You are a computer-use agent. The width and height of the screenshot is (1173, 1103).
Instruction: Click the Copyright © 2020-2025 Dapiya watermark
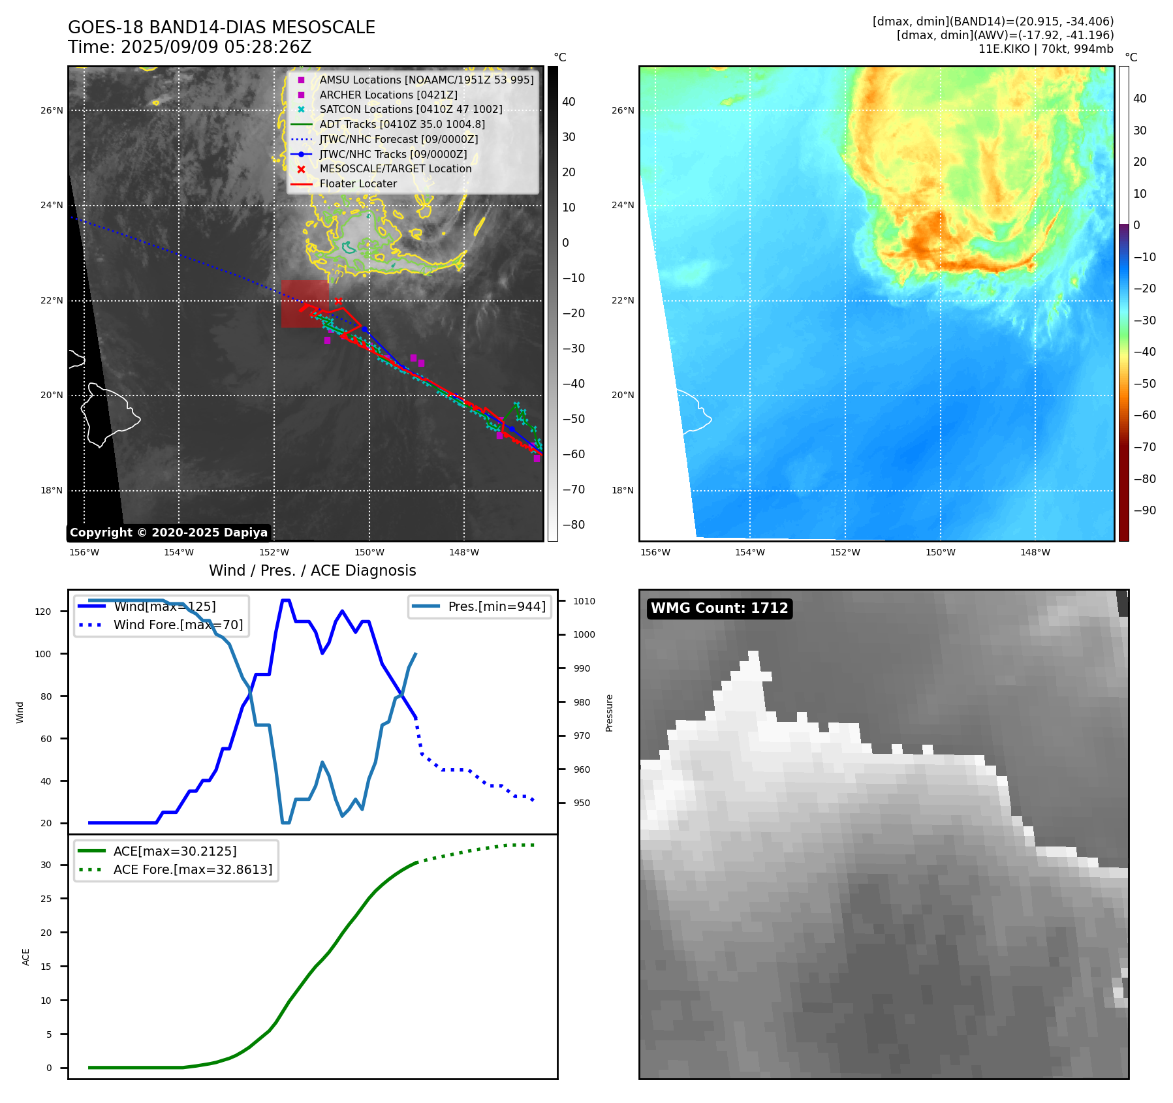tap(168, 533)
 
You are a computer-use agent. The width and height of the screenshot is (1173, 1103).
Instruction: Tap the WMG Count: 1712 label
tap(719, 608)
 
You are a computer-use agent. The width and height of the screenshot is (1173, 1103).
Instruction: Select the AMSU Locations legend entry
tap(426, 80)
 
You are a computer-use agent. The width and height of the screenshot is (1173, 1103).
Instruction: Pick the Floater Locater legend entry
tap(358, 184)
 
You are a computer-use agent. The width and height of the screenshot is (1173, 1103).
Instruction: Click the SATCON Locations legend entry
tap(411, 110)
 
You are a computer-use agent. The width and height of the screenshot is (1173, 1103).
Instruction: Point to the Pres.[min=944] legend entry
tap(496, 606)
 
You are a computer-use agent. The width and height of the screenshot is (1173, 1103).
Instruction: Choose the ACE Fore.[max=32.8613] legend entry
tap(193, 869)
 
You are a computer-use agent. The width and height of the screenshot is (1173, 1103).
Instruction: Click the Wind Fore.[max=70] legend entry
tap(178, 625)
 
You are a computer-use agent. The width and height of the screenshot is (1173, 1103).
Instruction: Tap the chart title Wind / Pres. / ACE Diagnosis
tap(312, 570)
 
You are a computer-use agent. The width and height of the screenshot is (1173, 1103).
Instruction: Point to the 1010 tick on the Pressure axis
tap(584, 601)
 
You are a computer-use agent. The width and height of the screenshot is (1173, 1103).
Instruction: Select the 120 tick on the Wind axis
tap(43, 612)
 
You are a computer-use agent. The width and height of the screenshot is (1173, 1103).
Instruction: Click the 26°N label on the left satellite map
tap(52, 110)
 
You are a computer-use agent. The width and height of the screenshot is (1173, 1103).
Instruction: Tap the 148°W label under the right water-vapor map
tap(1035, 552)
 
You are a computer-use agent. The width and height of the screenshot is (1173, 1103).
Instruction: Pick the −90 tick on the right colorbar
tap(1144, 510)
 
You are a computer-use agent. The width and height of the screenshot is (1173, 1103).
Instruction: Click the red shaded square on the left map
tap(304, 303)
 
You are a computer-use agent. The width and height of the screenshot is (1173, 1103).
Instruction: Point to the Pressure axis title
tap(609, 713)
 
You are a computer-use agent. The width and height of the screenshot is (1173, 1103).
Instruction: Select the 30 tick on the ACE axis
tap(46, 865)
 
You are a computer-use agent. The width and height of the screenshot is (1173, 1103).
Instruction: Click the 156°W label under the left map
tap(84, 552)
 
